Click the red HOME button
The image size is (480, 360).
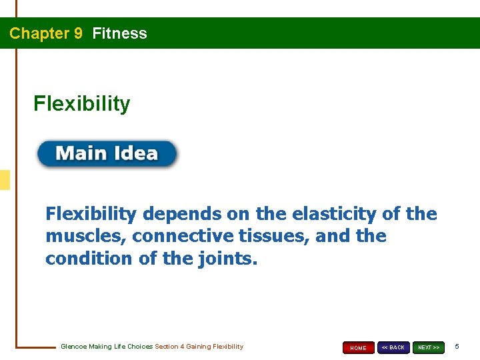pos(358,347)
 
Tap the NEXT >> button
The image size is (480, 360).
pos(428,347)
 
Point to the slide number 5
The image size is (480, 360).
pos(457,347)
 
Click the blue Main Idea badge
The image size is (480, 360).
pos(107,154)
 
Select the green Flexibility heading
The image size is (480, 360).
pos(82,104)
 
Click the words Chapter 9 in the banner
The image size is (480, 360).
pos(46,33)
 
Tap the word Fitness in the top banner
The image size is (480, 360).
pos(120,33)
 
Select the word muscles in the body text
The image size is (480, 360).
pos(75,236)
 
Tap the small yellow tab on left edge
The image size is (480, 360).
pos(5,180)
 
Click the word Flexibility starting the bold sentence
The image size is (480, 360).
pos(91,214)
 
